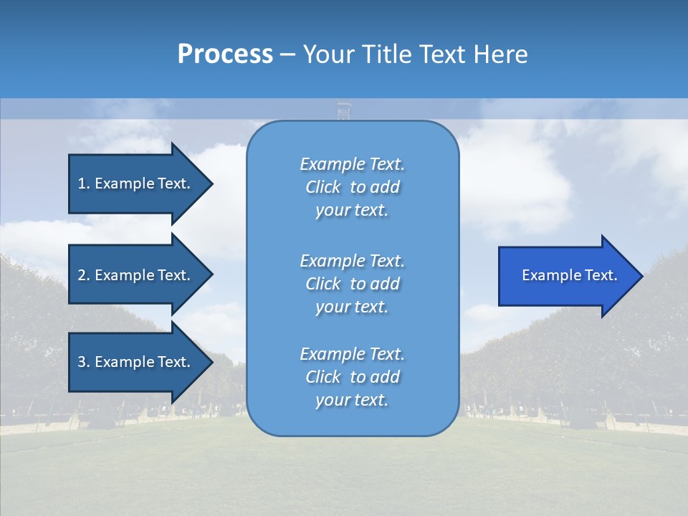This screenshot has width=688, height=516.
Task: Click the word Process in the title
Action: coord(225,54)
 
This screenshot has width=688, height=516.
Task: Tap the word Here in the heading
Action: coord(500,54)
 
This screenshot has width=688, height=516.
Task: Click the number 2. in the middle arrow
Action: coord(84,275)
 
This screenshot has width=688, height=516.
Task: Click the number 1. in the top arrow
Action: coord(84,183)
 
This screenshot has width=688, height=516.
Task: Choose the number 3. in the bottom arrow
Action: coord(84,362)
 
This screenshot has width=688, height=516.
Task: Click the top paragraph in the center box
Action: coord(352,187)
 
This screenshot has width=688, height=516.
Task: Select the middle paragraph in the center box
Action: coord(352,284)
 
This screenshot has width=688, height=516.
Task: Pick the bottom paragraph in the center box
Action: coord(352,377)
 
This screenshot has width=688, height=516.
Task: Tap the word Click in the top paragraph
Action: coord(322,187)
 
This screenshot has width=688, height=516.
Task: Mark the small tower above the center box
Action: coord(344,111)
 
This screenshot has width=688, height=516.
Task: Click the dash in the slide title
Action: coord(287,55)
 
